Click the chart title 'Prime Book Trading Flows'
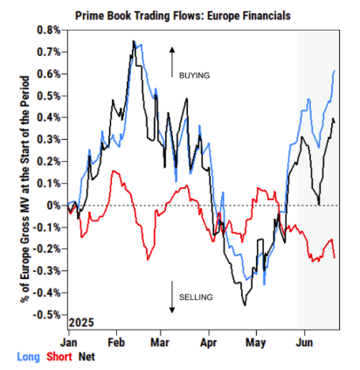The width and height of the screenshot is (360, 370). (140, 16)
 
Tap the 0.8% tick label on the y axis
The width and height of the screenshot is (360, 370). (49, 30)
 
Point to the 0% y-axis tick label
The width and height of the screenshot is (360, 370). (54, 206)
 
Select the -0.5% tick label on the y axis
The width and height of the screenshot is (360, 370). (46, 315)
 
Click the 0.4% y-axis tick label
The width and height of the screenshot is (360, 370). (49, 118)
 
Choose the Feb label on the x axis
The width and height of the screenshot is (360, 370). (116, 343)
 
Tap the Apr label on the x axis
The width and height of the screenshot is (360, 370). (209, 343)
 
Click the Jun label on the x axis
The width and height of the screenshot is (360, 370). (304, 343)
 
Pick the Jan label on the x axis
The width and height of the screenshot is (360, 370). (69, 343)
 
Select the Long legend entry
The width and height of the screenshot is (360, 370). (28, 357)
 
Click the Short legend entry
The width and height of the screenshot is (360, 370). (59, 357)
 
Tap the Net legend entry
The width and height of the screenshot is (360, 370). (87, 357)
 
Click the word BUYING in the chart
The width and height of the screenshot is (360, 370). (194, 75)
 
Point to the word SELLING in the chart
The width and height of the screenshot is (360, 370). (196, 297)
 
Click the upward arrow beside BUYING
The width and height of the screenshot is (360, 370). (172, 62)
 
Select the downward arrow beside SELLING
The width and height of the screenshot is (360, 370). (172, 297)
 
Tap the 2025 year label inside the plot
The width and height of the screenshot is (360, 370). (81, 323)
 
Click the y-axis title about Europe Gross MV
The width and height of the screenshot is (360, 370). (25, 189)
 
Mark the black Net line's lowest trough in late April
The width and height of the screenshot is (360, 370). (245, 305)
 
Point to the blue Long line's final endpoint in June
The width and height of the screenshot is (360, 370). (334, 71)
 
